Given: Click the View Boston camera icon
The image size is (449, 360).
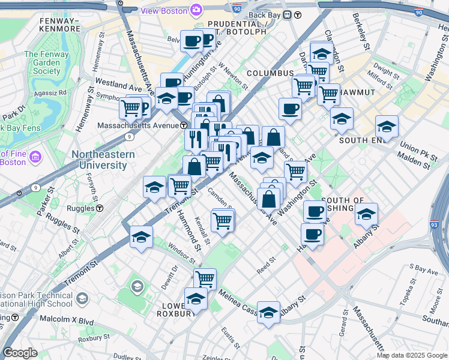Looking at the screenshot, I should [x=196, y=10].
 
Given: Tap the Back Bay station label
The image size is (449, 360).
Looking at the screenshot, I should [x=265, y=14].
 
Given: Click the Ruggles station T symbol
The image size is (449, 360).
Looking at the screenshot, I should [x=100, y=208].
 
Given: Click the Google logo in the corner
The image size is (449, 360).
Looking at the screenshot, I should [x=20, y=353].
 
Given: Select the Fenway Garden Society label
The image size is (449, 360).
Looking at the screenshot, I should [x=43, y=62].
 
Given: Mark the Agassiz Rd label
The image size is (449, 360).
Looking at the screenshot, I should [x=50, y=93].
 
